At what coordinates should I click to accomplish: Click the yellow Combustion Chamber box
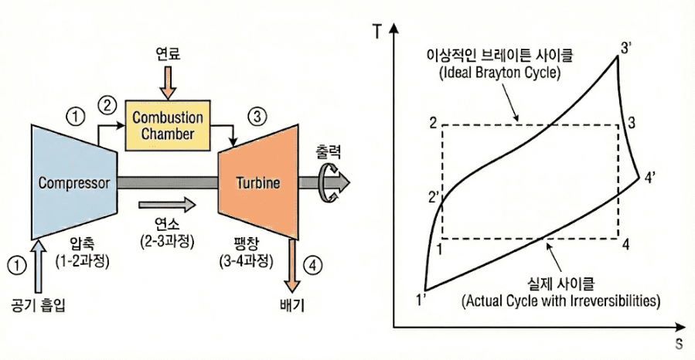click(x=167, y=125)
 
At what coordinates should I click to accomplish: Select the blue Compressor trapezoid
click(x=73, y=182)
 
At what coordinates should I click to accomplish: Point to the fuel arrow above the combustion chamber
click(x=167, y=80)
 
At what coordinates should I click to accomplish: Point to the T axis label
click(x=376, y=32)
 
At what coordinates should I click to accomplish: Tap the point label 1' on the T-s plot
click(x=422, y=299)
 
